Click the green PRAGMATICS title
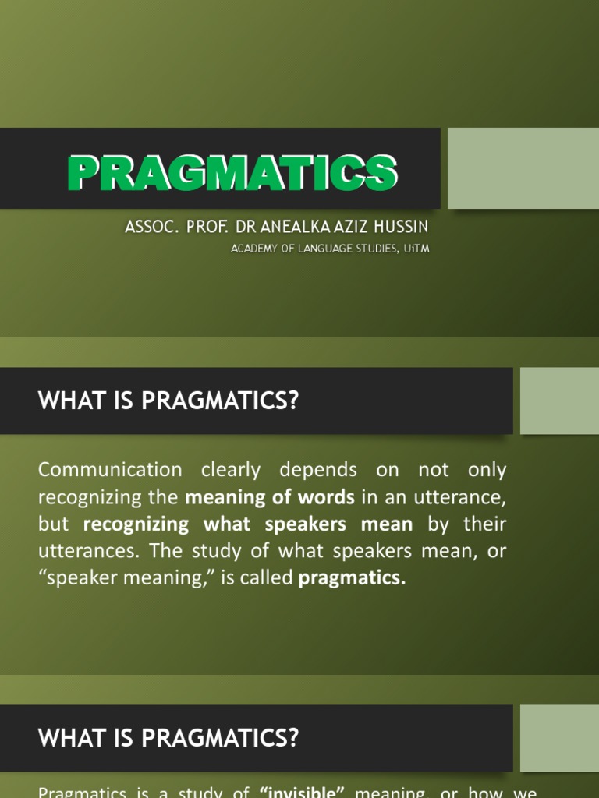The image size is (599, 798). pos(232,172)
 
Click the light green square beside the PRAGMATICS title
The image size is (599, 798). pos(523,168)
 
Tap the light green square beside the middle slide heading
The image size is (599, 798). pos(559,401)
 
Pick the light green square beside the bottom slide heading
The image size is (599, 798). pos(559,738)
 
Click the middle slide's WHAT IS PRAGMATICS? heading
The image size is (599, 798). pos(168,401)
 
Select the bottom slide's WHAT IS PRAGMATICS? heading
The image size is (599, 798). pos(168,738)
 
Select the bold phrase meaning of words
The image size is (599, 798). pos(269,497)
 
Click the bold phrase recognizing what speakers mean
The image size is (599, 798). pos(247,524)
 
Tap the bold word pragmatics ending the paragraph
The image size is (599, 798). pos(353,578)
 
